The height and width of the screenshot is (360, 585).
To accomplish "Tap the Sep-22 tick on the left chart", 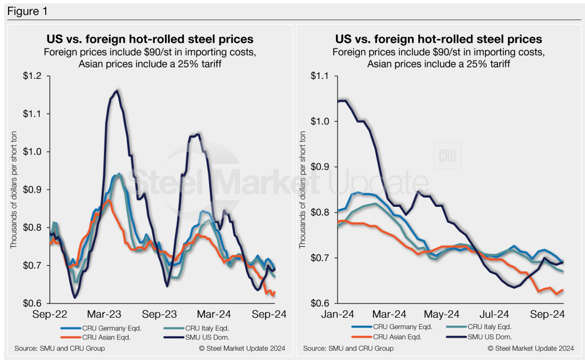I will coord(50,314).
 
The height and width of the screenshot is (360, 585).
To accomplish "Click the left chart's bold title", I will coord(150,39).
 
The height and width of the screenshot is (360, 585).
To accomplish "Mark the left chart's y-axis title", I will coord(14,190).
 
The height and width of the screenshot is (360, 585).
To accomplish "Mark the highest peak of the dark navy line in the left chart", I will coord(117,90).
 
